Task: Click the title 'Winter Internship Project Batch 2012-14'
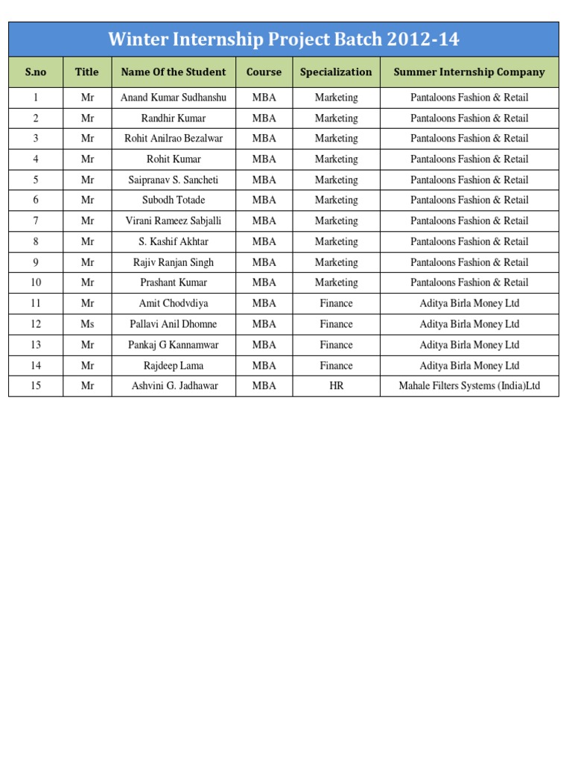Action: [x=283, y=39]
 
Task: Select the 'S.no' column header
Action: [x=36, y=72]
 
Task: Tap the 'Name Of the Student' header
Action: [x=174, y=72]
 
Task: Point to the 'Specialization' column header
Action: [x=336, y=72]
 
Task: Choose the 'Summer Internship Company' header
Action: [x=469, y=72]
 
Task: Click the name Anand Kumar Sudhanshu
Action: [x=174, y=98]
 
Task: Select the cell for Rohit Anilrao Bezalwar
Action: [x=174, y=139]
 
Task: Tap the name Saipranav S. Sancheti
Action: [x=174, y=180]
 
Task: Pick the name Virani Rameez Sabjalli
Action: [x=174, y=221]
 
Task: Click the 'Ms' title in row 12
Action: [x=87, y=324]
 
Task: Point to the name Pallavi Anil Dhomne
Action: [x=174, y=324]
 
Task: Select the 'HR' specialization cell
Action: [x=336, y=386]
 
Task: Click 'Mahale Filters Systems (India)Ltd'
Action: [x=469, y=386]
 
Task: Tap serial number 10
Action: [x=36, y=282]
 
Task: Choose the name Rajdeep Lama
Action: [x=174, y=366]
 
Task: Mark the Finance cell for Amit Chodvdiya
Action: [x=336, y=303]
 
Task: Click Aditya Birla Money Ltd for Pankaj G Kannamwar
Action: [x=469, y=345]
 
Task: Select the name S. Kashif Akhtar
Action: [x=174, y=241]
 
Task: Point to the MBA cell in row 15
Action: [x=264, y=386]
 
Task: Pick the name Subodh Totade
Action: [x=174, y=200]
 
